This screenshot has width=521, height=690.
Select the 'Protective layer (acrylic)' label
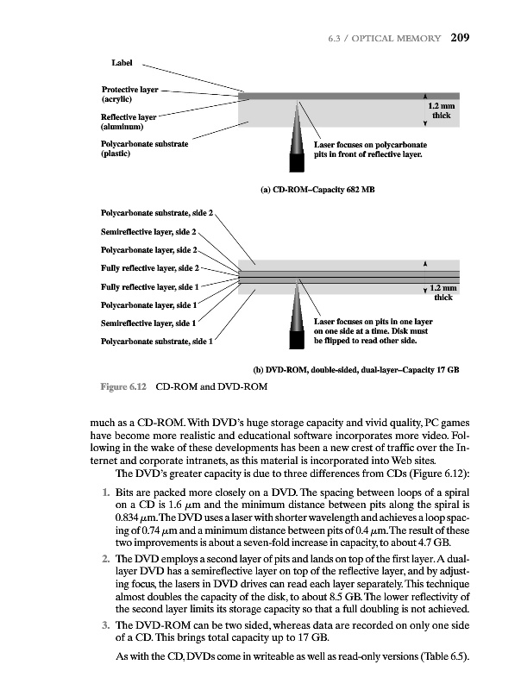130,95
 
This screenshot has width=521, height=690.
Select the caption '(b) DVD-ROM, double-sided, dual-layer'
355,369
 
